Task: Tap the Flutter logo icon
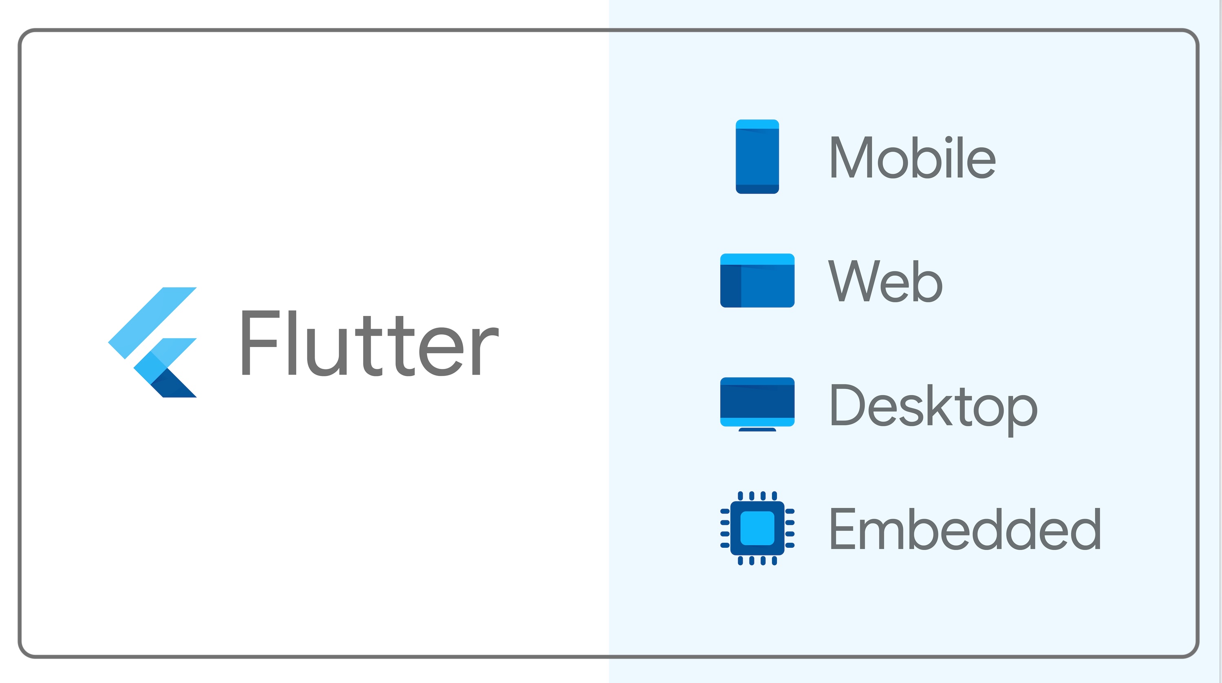pos(152,342)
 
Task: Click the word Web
pos(885,281)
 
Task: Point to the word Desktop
pos(933,409)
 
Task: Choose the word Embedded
pos(965,529)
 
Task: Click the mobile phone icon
pos(757,156)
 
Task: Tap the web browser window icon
pos(757,280)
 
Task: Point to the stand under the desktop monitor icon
pos(757,429)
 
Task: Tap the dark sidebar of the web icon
pos(730,286)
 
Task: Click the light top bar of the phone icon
pos(757,124)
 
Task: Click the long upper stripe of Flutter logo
pos(152,323)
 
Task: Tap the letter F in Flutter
pos(260,343)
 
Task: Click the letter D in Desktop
pos(848,404)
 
